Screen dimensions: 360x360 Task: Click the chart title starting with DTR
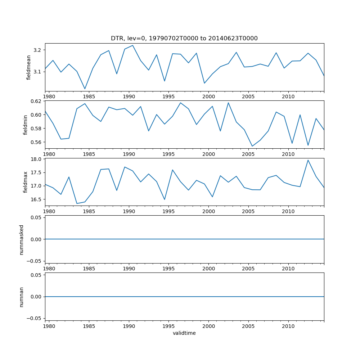pos(184,39)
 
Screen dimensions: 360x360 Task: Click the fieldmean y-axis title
pos(29,67)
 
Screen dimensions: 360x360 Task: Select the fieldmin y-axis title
pos(25,125)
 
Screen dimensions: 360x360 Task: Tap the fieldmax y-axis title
pos(25,182)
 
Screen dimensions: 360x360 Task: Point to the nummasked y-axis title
pos(22,240)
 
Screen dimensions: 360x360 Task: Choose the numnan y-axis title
pos(22,297)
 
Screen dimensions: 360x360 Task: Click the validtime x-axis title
pos(184,333)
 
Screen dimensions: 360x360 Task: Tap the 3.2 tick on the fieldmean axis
pos(37,50)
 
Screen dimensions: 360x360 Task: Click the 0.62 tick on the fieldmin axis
pos(36,101)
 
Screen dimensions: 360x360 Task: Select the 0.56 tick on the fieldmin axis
pos(36,142)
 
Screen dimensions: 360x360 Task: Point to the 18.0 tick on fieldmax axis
pos(36,159)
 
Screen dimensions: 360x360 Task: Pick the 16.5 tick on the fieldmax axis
pos(36,199)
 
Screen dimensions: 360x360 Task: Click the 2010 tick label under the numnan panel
pos(288,326)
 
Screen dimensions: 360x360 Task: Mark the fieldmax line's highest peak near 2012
pos(308,160)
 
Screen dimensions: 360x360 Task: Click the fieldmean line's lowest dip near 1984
pos(85,89)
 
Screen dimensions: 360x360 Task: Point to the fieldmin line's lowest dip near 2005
pos(252,146)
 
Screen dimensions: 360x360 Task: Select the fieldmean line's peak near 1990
pos(132,45)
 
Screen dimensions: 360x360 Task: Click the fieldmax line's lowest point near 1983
pos(77,203)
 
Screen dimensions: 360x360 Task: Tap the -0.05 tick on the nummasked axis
pos(35,261)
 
